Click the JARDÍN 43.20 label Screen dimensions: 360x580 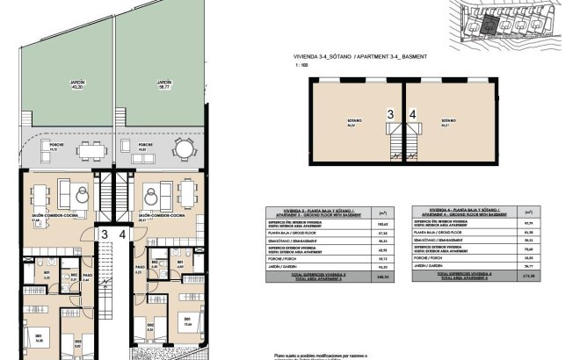(x=76, y=85)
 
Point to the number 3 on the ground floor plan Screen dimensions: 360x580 (x=104, y=234)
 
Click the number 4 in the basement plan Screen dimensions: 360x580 (x=413, y=114)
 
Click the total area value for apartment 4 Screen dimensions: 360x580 (x=528, y=278)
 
